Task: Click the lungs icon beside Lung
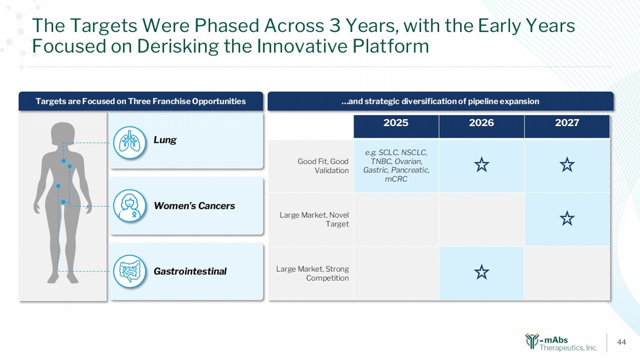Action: point(129,142)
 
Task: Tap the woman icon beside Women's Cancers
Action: point(129,206)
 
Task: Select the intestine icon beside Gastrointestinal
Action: point(129,271)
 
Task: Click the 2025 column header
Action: point(396,123)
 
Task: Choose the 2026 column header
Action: point(481,123)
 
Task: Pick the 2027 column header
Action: point(567,123)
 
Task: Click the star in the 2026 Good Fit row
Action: point(481,164)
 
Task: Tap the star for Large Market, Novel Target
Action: point(567,218)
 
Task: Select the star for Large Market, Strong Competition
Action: point(481,272)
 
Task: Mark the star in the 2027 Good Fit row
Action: point(567,164)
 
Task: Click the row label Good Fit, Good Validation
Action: point(323,166)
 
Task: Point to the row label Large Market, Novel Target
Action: point(314,220)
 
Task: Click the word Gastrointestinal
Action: point(190,271)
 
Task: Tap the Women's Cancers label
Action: point(194,206)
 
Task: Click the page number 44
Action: point(621,342)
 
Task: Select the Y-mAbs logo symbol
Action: point(532,341)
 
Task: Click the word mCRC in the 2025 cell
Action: point(396,179)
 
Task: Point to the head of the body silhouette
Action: point(63,134)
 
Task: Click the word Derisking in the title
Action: point(178,46)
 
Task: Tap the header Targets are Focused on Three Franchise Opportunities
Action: point(141,101)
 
